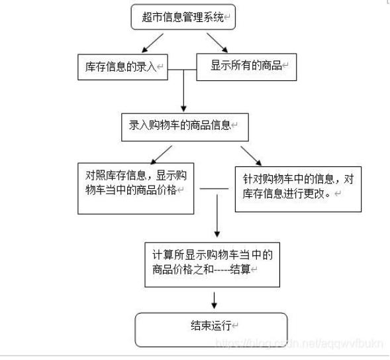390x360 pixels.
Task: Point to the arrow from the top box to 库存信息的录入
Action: [x=152, y=43]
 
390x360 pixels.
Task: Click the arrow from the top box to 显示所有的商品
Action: [x=217, y=43]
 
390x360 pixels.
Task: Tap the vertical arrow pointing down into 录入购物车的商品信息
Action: [x=183, y=91]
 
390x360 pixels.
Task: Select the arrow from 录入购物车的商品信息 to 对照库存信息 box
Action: [x=161, y=155]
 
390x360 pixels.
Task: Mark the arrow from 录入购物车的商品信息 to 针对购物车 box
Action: [x=251, y=156]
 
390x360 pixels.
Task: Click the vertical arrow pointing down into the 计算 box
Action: [x=217, y=216]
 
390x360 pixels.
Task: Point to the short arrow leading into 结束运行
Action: [x=214, y=300]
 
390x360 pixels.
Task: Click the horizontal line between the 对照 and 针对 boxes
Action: [x=214, y=189]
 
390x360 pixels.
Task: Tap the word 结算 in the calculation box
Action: [x=240, y=269]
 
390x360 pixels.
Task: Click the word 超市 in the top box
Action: [x=152, y=17]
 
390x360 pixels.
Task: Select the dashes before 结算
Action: [x=222, y=269]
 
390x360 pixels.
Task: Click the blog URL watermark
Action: [x=299, y=343]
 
